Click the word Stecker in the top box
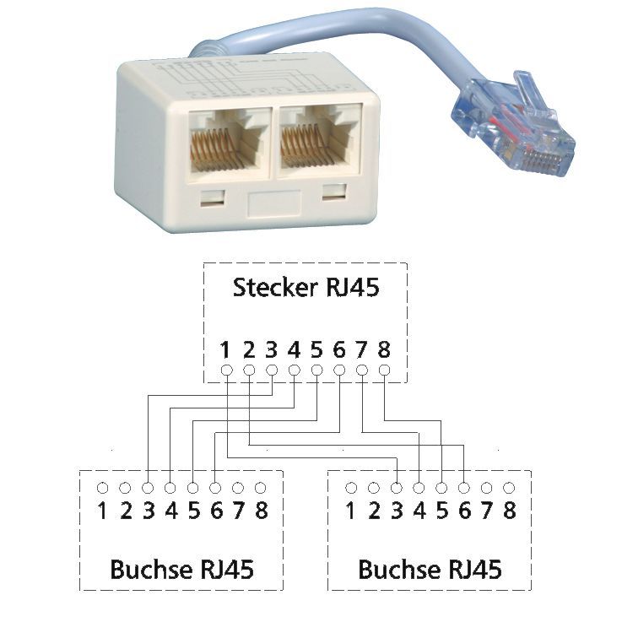point(268,288)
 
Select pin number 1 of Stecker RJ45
point(225,349)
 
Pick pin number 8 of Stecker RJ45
point(384,349)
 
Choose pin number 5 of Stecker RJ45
point(316,349)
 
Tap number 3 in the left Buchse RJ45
point(148,511)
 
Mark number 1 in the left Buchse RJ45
point(102,511)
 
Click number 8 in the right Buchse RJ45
point(509,511)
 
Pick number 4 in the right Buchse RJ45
point(419,511)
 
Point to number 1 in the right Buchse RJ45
point(351,511)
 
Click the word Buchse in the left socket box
point(149,570)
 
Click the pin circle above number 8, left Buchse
point(260,488)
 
